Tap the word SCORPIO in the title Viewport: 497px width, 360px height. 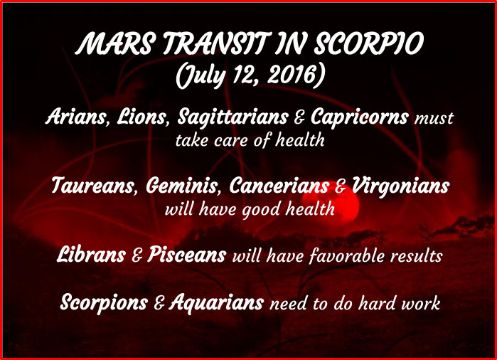click(x=369, y=43)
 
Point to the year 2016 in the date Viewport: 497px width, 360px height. click(x=292, y=75)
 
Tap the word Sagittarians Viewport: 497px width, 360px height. click(x=233, y=117)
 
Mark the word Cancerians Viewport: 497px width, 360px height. click(x=279, y=185)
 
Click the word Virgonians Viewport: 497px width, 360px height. click(x=400, y=186)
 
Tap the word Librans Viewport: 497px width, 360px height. click(x=91, y=255)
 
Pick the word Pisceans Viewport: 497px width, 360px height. click(x=187, y=255)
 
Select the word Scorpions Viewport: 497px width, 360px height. click(x=104, y=302)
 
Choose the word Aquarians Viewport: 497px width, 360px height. click(x=216, y=302)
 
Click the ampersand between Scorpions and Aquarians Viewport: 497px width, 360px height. click(x=159, y=303)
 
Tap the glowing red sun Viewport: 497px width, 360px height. click(x=331, y=205)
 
